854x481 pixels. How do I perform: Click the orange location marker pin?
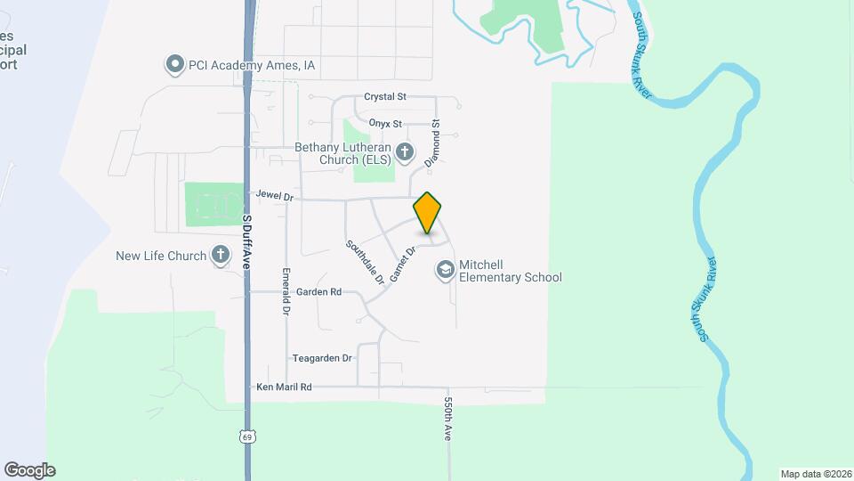tap(427, 213)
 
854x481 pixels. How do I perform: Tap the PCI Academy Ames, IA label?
tap(252, 66)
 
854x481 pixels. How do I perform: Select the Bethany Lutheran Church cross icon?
tap(405, 152)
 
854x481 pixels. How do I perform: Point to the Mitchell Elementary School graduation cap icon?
tap(444, 269)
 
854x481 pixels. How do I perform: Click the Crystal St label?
tap(384, 96)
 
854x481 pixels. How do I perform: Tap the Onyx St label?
tap(385, 123)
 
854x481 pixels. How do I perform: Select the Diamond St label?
tap(433, 143)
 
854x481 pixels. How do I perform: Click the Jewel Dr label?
tap(273, 194)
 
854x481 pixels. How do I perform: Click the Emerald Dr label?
tap(286, 291)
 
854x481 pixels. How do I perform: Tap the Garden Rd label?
tap(318, 291)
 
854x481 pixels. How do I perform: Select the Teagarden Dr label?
tap(322, 358)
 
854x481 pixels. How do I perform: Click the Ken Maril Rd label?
tap(284, 387)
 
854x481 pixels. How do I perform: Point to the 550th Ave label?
tap(449, 419)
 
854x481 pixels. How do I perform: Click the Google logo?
tap(29, 470)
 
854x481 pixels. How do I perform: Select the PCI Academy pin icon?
tap(173, 65)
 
